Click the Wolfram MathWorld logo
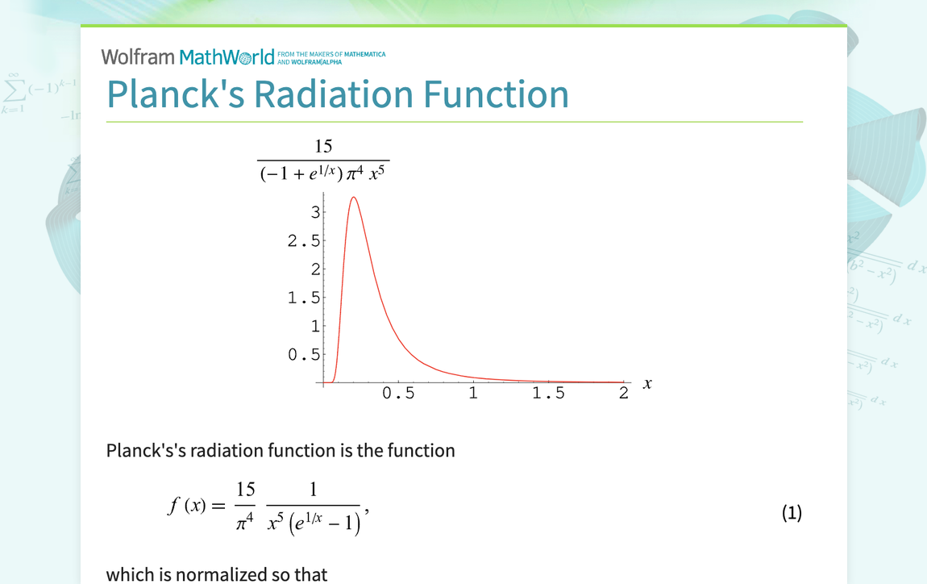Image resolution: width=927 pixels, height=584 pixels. point(187,57)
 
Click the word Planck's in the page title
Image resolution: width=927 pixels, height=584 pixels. point(175,94)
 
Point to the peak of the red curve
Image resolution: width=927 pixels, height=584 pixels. point(352,198)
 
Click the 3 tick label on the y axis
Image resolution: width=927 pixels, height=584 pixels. point(316,212)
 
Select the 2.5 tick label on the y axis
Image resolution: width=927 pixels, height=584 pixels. point(304,240)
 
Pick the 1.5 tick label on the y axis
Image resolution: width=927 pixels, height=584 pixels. point(304,298)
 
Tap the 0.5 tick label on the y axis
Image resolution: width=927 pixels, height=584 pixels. point(304,355)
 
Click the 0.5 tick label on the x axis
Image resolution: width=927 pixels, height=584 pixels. point(398,394)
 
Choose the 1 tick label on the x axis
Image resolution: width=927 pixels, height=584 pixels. point(473,394)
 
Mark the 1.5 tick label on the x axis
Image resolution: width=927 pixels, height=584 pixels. point(548,394)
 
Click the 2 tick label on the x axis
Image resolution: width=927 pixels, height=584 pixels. point(623,394)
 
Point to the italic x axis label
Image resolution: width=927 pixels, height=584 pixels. point(646,385)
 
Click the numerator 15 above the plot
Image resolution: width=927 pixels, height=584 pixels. point(323,146)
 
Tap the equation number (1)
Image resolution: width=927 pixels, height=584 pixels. point(792,513)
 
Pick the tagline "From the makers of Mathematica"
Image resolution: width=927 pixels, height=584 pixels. point(331,55)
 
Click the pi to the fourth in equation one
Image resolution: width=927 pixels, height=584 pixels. point(245,524)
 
